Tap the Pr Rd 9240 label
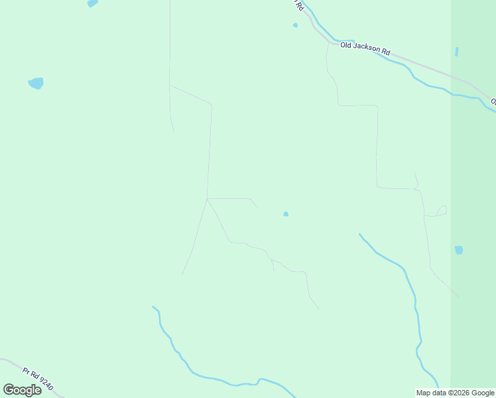(x=36, y=377)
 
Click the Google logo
(x=22, y=390)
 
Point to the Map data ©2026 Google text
(x=456, y=393)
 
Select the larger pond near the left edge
(x=36, y=84)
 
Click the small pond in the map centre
(x=286, y=214)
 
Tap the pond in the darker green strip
(x=458, y=250)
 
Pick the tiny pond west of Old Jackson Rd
(x=295, y=26)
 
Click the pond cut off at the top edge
(x=92, y=3)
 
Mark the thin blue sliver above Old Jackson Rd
(x=456, y=51)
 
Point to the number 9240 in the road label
(x=45, y=383)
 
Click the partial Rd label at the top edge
(x=300, y=5)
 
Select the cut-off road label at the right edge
(x=493, y=101)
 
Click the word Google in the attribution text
(x=483, y=393)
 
